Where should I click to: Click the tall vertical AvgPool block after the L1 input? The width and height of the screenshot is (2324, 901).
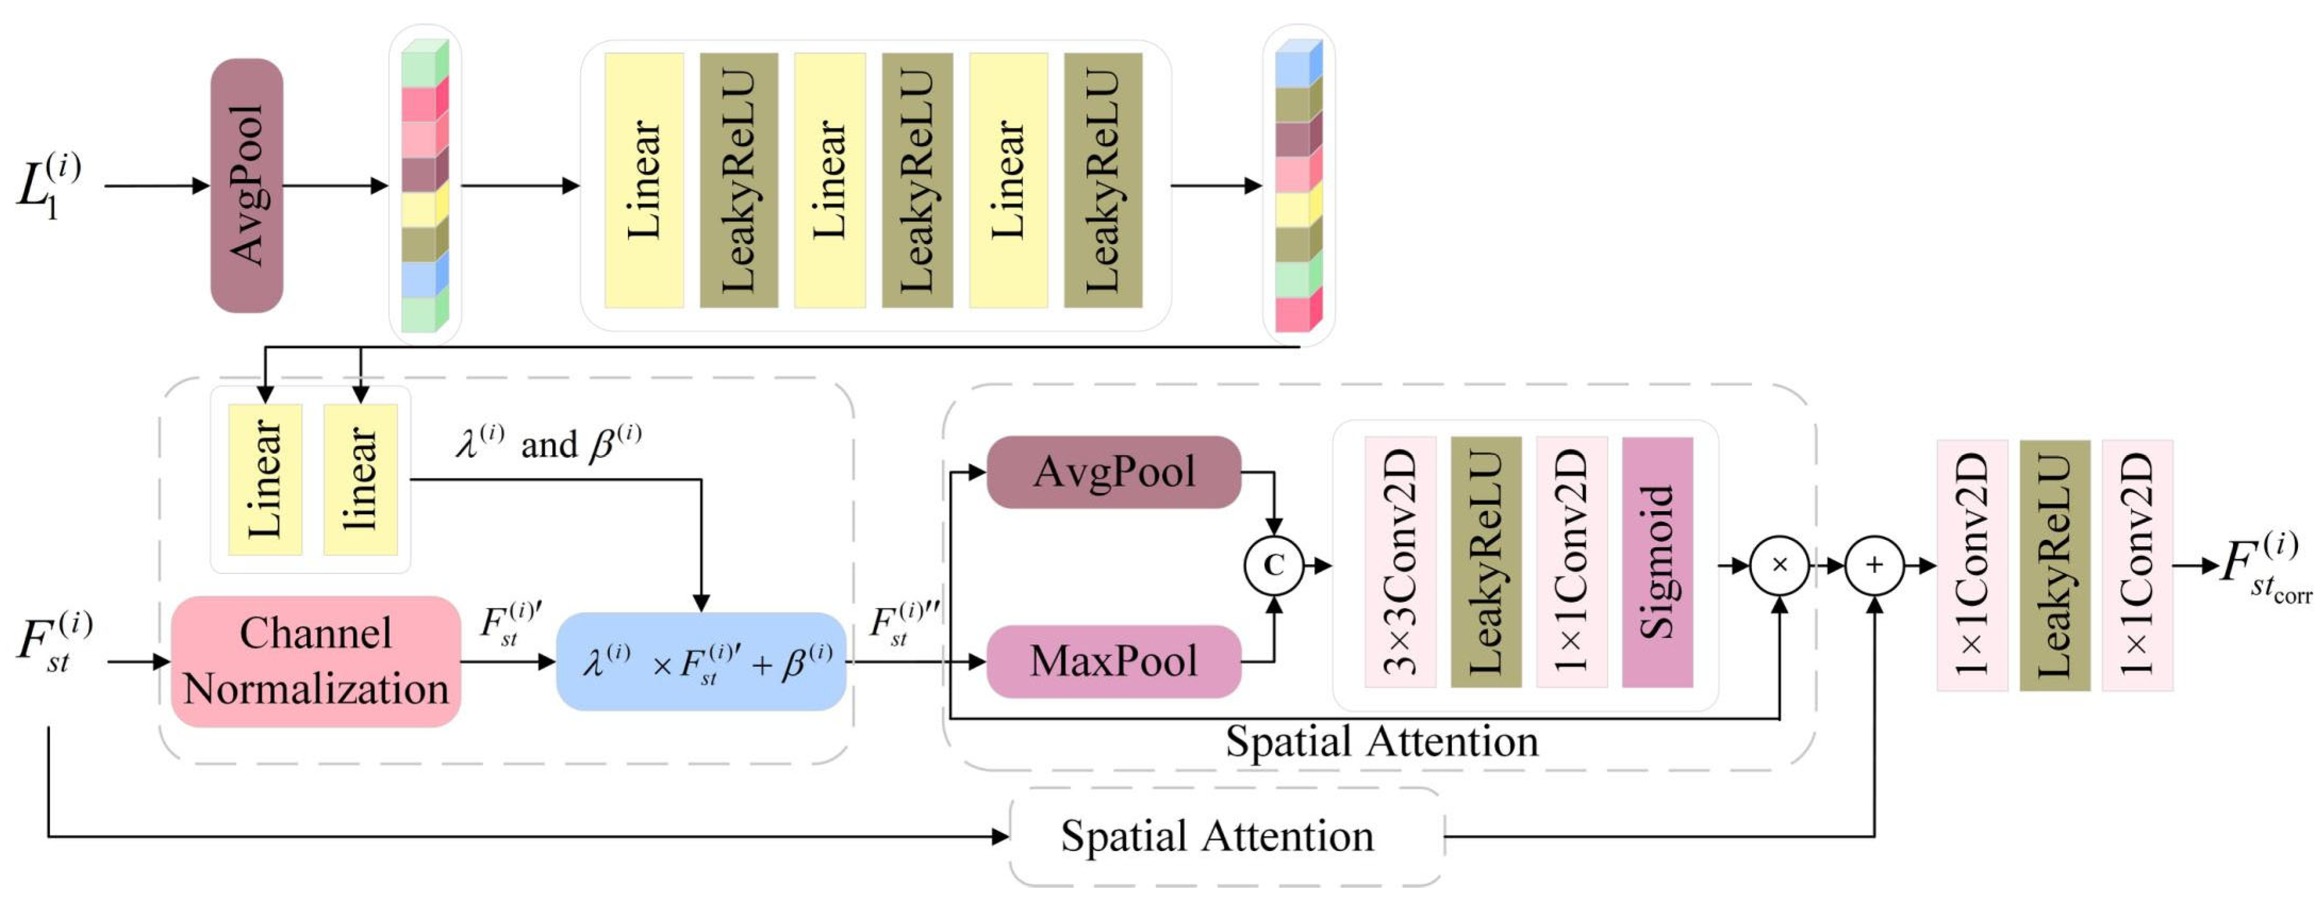246,186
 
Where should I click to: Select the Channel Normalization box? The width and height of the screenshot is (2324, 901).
316,661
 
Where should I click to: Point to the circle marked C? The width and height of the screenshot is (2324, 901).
1273,565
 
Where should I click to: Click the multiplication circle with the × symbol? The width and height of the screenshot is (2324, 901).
1779,565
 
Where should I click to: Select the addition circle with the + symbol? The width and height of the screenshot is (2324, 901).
1874,565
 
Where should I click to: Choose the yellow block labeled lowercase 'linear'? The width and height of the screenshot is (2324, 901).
360,479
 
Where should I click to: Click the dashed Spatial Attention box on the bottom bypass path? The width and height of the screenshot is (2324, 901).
1225,836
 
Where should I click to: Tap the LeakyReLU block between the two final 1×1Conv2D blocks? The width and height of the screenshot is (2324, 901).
2054,565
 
